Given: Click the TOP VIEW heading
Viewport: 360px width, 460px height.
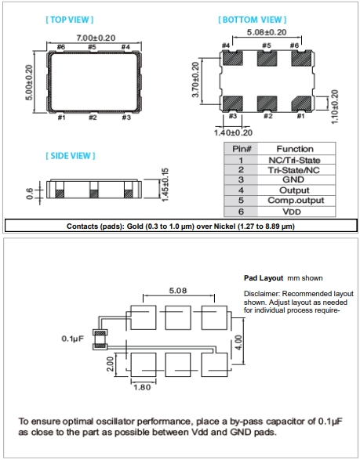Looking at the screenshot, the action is (x=70, y=20).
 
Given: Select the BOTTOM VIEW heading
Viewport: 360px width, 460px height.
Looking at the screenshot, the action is (x=253, y=20).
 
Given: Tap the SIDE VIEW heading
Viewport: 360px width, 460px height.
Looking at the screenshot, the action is (x=71, y=156).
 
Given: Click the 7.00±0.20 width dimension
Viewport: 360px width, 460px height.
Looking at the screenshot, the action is (x=96, y=38).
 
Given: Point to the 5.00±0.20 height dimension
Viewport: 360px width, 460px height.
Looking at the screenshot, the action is (x=29, y=82).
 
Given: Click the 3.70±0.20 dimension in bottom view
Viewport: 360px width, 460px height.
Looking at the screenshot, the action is (x=195, y=79).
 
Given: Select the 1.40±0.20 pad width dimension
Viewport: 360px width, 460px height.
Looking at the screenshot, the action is (x=233, y=132).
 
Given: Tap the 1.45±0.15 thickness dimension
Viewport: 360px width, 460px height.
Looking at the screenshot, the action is (x=165, y=184).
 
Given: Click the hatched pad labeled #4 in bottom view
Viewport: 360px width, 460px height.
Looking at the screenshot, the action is (x=233, y=58).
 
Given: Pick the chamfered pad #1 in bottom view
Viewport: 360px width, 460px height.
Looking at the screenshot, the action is (x=301, y=103).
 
